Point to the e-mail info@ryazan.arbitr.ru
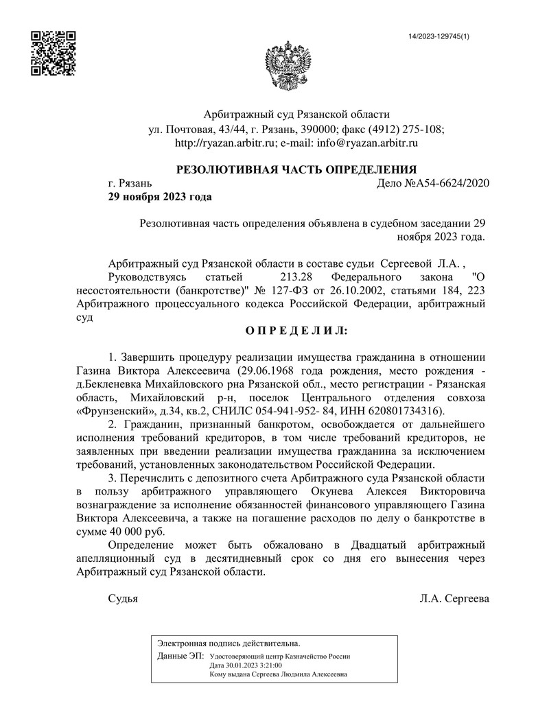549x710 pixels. (x=368, y=143)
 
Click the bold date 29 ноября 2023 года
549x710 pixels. (x=159, y=197)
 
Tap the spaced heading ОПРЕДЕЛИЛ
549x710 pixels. (x=297, y=331)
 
